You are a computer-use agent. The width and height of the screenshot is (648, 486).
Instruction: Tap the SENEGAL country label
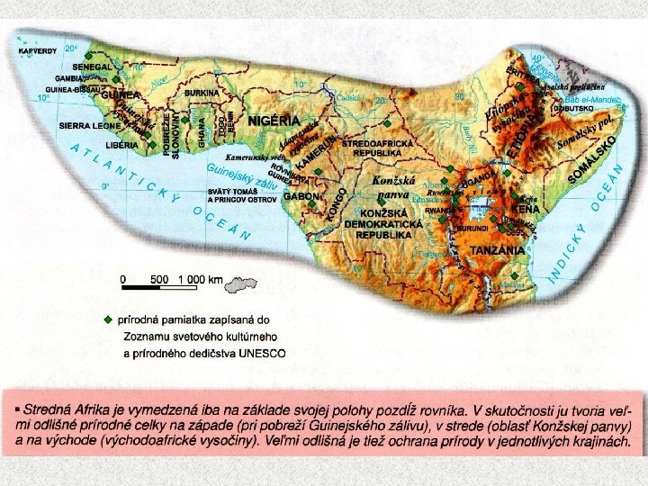(x=93, y=67)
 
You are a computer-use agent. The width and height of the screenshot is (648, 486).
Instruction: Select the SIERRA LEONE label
(x=90, y=127)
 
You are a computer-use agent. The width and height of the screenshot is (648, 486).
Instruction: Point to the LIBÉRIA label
(x=121, y=145)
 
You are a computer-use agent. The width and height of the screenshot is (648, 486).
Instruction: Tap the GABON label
(x=301, y=195)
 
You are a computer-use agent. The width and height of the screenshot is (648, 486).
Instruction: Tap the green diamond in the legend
(x=109, y=318)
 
